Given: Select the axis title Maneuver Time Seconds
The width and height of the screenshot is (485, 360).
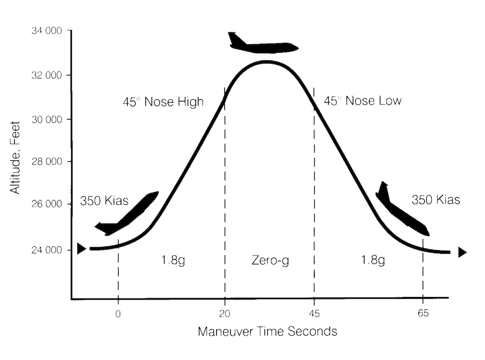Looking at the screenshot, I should pos(267,331).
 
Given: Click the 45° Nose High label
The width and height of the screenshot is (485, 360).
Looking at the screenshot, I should pos(163,101).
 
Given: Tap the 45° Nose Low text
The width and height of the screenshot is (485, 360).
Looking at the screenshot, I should pos(362,101).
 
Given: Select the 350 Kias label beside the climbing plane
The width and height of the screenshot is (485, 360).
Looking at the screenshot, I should pos(105,202).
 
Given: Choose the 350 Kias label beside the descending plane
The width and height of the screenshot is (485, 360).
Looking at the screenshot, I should pos(435,199).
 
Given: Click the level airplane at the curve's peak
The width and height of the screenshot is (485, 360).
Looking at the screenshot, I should pos(262,45).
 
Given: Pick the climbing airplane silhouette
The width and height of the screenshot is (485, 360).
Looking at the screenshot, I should pos(128,214).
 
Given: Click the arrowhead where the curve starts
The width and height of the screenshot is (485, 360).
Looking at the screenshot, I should pos(81,248).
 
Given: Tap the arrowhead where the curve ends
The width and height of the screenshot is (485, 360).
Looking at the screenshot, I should pos(462,252).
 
